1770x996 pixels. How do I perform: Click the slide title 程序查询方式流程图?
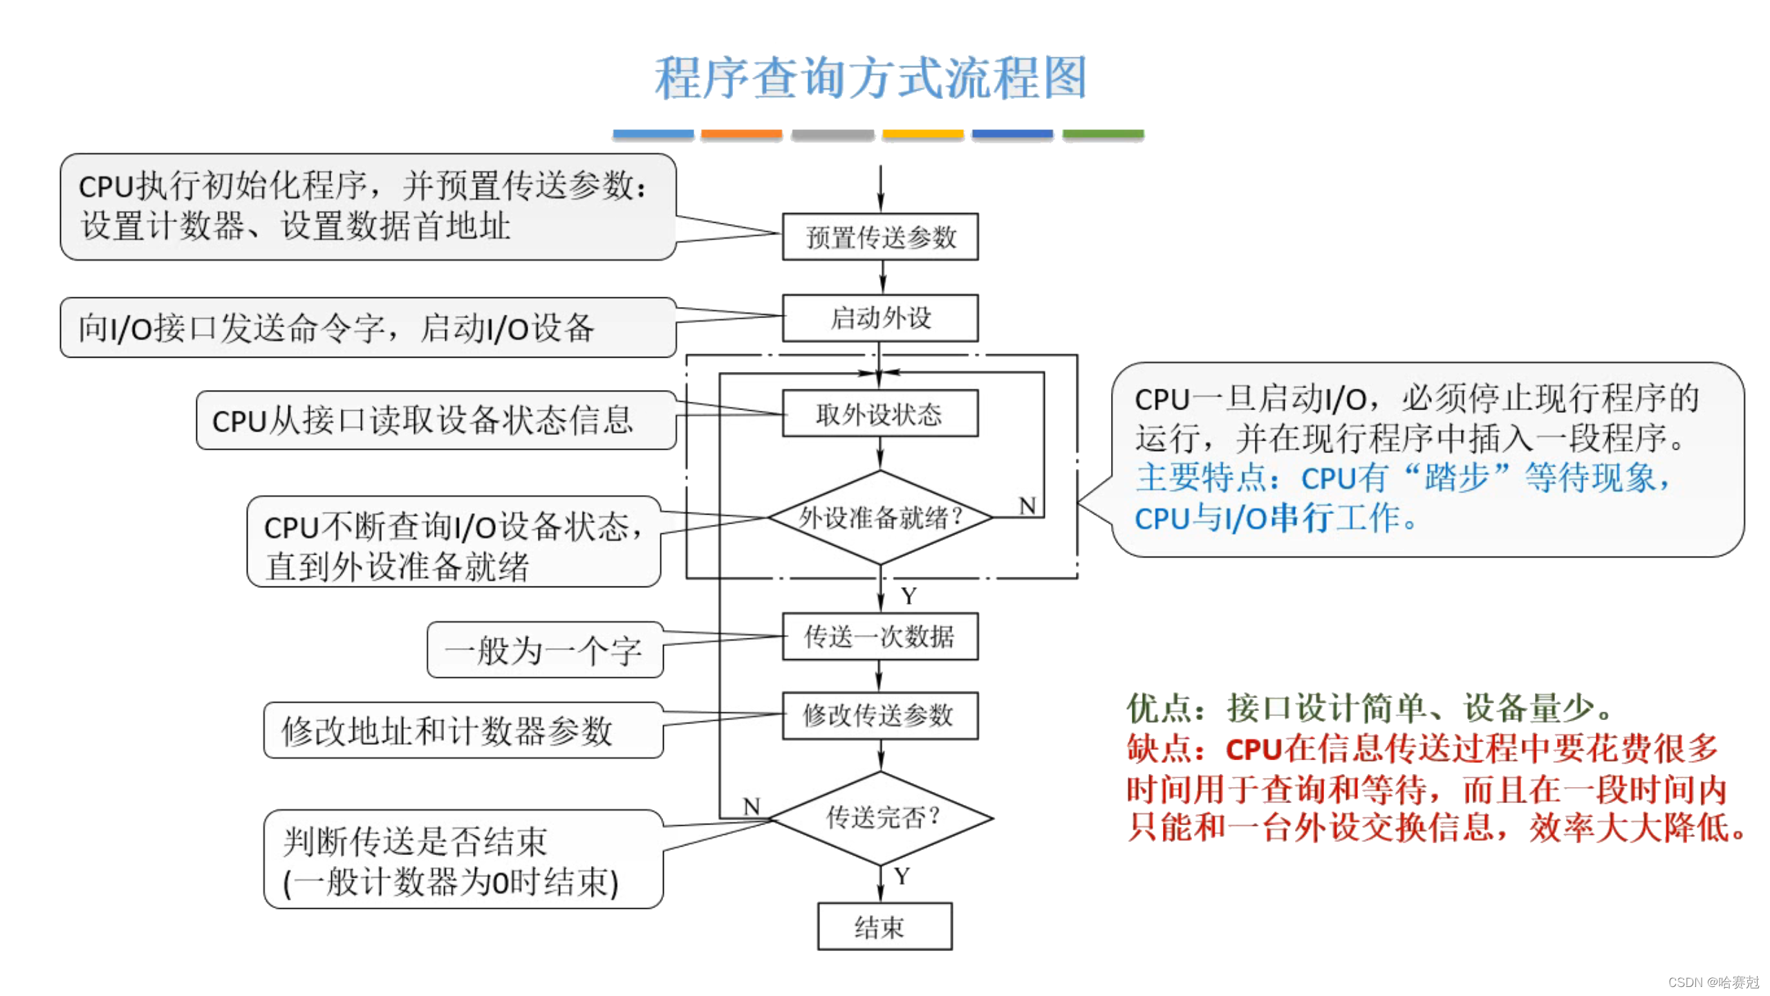click(x=870, y=77)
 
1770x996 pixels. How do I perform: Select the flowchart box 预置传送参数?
click(x=880, y=237)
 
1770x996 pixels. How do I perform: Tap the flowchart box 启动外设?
click(x=880, y=318)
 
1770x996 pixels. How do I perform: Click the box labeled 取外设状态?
click(x=880, y=414)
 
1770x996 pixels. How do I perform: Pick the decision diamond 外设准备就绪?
click(x=880, y=517)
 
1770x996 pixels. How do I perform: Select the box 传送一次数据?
click(x=880, y=636)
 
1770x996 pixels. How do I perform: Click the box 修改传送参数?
click(x=880, y=716)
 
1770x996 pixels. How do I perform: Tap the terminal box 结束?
click(x=884, y=927)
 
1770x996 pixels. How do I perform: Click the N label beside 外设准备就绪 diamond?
click(x=1027, y=506)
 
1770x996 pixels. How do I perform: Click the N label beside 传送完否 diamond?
click(x=752, y=806)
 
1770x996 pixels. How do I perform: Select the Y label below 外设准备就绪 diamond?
click(x=909, y=596)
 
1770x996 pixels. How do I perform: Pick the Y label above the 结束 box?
click(x=902, y=876)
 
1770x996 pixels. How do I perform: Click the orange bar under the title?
click(x=741, y=134)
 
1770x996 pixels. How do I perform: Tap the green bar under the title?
click(x=1103, y=134)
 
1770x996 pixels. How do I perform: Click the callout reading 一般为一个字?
click(x=544, y=651)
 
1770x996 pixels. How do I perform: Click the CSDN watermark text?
click(x=1713, y=982)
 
